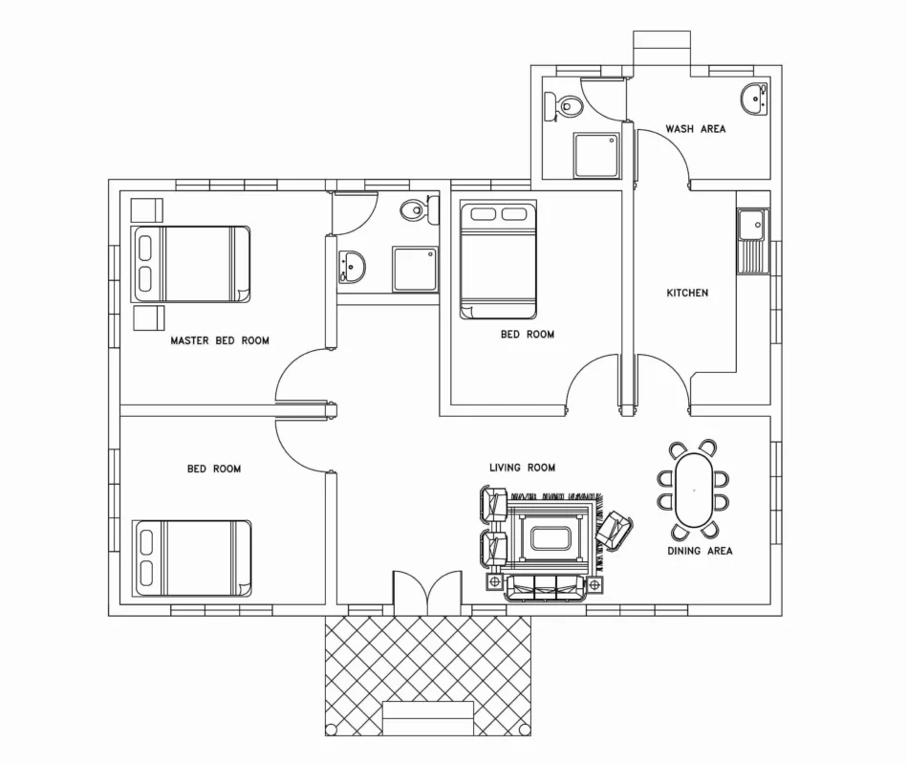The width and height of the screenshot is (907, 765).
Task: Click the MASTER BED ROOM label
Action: click(x=220, y=340)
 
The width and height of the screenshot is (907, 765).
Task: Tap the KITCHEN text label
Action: click(x=687, y=293)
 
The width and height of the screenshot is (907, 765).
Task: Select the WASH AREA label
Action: click(x=695, y=129)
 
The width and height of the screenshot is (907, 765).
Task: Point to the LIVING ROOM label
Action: click(x=523, y=468)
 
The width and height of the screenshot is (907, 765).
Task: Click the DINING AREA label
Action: click(x=700, y=551)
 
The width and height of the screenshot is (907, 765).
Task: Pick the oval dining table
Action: click(x=694, y=491)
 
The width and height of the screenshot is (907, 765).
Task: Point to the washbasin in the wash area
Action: click(x=754, y=98)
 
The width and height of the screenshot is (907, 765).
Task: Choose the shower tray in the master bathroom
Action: click(x=416, y=269)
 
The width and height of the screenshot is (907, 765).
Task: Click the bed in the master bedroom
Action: click(x=191, y=264)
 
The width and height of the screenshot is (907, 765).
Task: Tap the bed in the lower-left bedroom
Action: click(x=192, y=558)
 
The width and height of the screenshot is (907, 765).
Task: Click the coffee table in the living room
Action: click(x=551, y=538)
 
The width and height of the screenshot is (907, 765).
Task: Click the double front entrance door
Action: click(x=427, y=593)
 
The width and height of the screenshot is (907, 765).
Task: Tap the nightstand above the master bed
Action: click(x=147, y=210)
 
